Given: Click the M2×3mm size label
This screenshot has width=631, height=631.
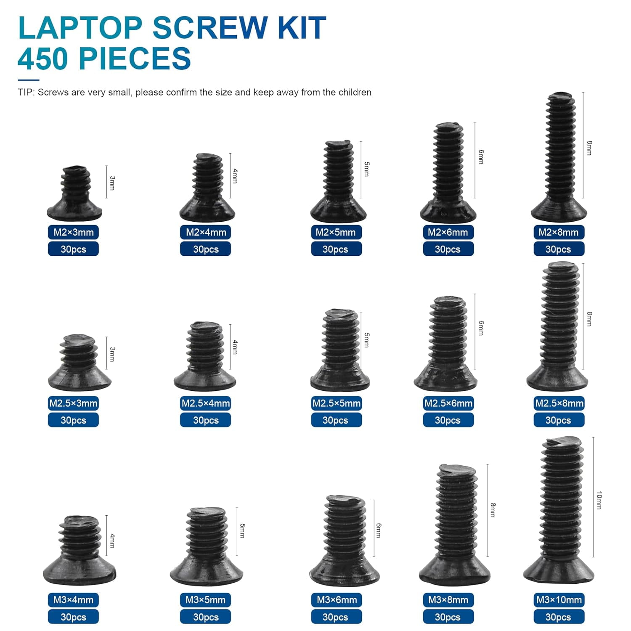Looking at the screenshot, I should (73, 232).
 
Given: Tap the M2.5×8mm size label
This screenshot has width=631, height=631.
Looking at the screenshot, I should (559, 403).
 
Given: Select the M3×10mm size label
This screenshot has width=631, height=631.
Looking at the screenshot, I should (559, 600).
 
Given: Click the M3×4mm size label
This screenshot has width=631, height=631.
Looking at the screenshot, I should (73, 600).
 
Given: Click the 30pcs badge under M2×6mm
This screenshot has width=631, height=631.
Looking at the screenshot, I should (448, 249).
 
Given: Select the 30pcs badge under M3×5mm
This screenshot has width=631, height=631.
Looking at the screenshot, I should (206, 617).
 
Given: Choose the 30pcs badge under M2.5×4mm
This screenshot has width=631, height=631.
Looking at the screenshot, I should (206, 420).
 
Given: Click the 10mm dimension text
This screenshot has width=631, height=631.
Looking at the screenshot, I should (599, 501).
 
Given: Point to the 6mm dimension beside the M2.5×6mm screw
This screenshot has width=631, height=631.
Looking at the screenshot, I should (481, 328).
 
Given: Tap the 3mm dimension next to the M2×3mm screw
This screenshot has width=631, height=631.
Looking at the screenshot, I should (112, 183).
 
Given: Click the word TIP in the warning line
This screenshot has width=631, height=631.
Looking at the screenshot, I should (25, 93).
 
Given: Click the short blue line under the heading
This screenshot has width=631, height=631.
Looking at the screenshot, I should (28, 80).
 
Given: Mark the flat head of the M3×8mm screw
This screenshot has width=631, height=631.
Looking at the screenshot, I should (455, 572).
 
